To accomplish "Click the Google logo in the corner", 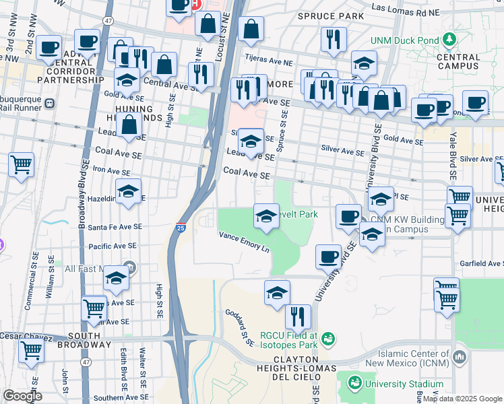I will (22, 396).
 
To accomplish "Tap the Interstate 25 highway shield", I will (181, 228).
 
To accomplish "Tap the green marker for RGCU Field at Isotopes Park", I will (328, 338).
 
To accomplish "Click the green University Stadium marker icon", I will (355, 382).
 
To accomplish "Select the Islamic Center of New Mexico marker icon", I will (460, 356).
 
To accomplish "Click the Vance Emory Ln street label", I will (243, 240).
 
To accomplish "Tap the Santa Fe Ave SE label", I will (115, 228).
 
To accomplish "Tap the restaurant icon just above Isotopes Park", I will (297, 316).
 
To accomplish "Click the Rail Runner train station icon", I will (50, 104).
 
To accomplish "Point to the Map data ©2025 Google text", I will (462, 399).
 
